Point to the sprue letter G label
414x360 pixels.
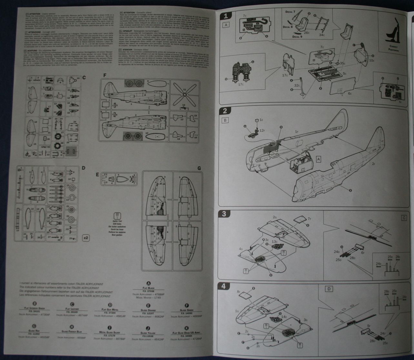click(199, 168)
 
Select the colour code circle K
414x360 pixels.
click(187, 327)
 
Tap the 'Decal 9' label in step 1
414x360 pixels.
click(298, 36)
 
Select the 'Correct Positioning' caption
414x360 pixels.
click(393, 49)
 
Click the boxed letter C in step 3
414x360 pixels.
click(404, 218)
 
